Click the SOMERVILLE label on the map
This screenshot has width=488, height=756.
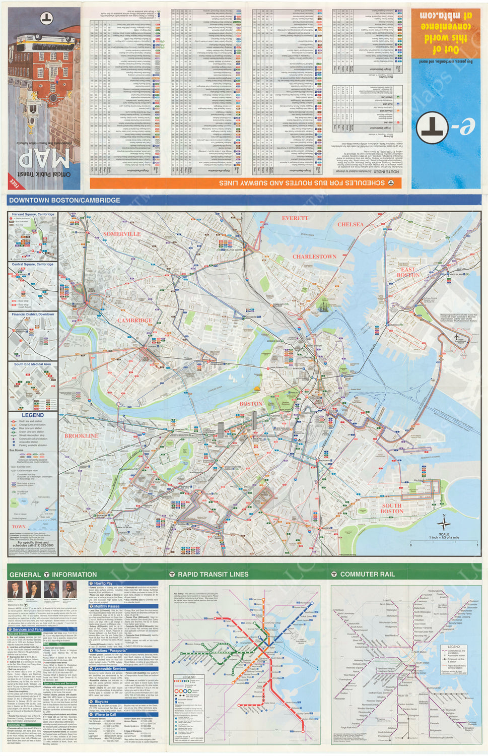point(122,234)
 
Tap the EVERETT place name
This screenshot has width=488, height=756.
point(295,218)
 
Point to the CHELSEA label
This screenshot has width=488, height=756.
point(351,224)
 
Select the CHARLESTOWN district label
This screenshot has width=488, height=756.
point(315,257)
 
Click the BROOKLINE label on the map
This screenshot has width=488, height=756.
point(81,435)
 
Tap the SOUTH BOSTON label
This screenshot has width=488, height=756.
point(392,508)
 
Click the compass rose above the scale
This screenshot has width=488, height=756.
point(444,523)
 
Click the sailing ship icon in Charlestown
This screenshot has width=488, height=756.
point(323,304)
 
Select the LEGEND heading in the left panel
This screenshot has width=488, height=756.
point(33,415)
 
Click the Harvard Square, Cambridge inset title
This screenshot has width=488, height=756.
point(33,214)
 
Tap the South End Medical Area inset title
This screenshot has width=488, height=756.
point(33,364)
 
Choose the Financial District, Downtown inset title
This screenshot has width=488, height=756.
point(33,314)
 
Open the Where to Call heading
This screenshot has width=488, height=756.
point(105,714)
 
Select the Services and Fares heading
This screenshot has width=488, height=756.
point(28,629)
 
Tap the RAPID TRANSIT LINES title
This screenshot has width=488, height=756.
point(213,574)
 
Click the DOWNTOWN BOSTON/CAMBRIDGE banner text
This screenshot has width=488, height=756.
point(64,200)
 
